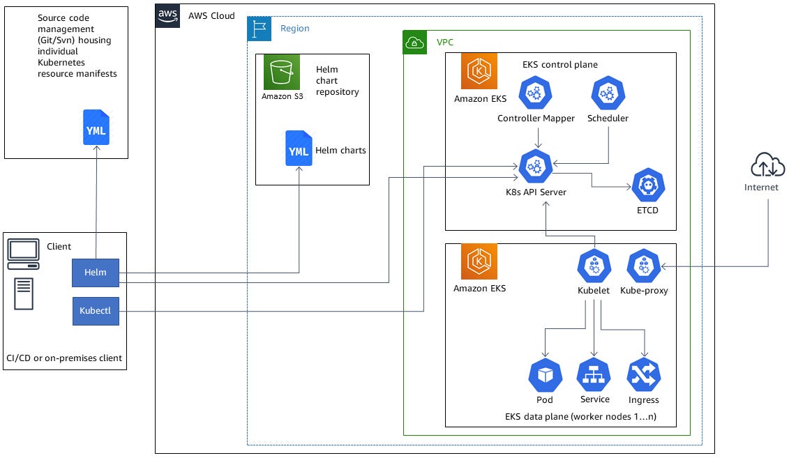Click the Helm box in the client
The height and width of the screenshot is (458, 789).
point(96,272)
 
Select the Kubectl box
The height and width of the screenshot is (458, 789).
point(96,311)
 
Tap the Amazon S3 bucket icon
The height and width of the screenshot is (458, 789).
point(282,72)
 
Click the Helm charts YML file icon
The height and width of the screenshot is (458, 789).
point(299,148)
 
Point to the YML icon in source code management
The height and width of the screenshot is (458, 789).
point(96,128)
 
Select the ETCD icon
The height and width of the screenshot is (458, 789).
point(648,185)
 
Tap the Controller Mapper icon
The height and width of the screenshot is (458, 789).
point(535,93)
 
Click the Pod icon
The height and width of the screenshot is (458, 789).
point(545,376)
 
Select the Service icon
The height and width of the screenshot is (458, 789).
point(594,375)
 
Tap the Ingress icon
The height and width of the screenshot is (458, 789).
point(643,376)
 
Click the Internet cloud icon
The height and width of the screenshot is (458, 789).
point(767,166)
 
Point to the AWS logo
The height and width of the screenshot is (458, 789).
point(168,15)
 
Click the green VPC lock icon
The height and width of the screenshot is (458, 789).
point(415,43)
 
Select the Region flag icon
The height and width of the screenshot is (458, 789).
point(259,29)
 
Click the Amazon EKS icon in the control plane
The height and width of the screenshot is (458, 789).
point(479,72)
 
